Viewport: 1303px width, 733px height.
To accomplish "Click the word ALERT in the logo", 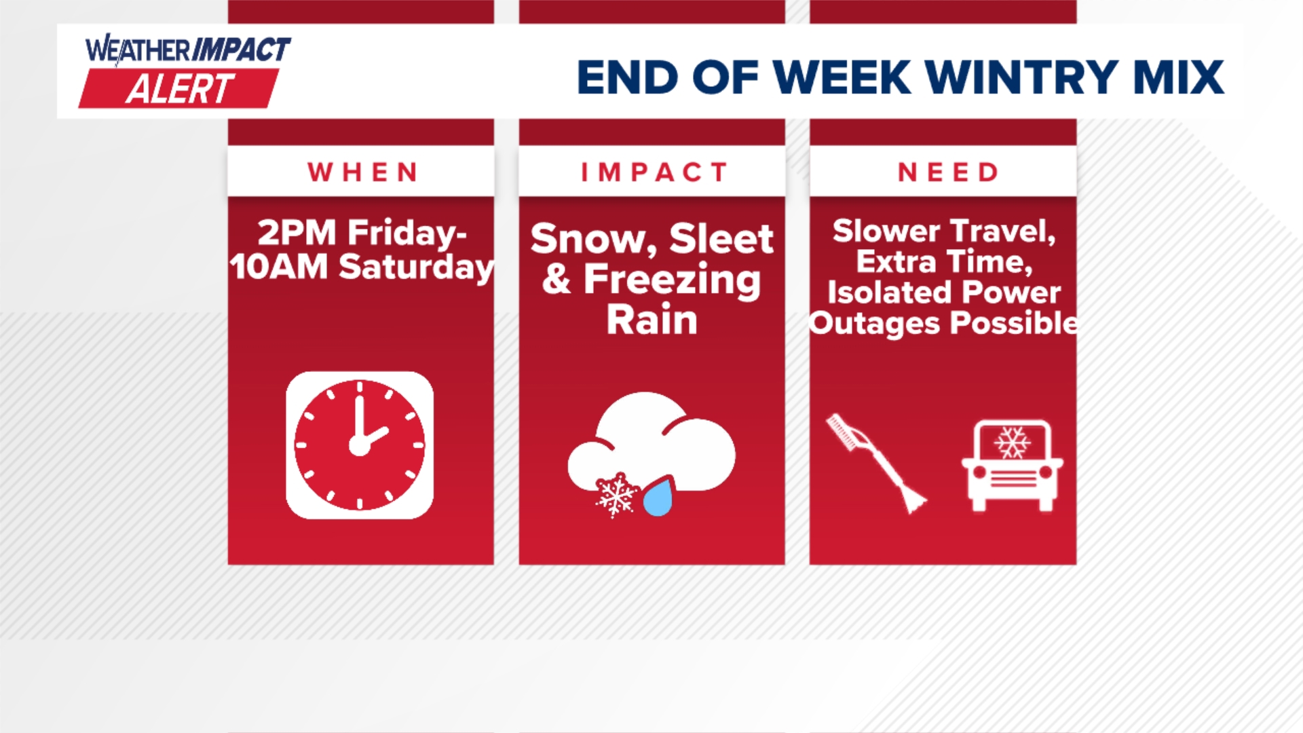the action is [180, 89].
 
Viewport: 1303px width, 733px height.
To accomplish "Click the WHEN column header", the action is [362, 172].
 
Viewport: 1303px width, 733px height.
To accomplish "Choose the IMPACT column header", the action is [654, 172].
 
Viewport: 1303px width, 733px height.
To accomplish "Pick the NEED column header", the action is [948, 172].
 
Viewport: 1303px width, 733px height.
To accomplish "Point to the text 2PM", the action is [297, 233].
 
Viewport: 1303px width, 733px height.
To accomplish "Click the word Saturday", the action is [417, 267].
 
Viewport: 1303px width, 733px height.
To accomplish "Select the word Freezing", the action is [672, 281].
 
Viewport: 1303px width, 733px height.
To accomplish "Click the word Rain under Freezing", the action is [651, 320].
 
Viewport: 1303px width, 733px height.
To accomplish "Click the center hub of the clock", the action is [359, 446].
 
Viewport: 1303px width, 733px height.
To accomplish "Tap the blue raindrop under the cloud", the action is [658, 497].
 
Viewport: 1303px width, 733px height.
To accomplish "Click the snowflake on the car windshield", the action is [1012, 443].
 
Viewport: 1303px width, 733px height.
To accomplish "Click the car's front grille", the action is [1014, 478].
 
